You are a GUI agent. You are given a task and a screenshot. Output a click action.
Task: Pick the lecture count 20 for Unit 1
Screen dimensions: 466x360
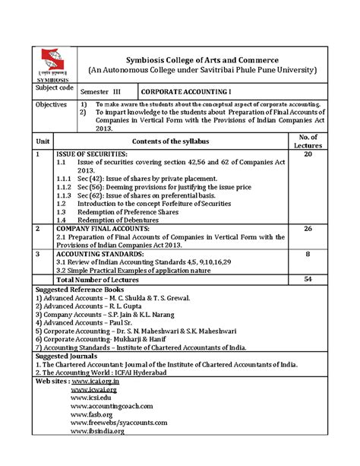click(x=308, y=154)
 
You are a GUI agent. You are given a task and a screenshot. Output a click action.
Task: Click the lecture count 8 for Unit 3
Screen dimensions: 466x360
click(x=308, y=255)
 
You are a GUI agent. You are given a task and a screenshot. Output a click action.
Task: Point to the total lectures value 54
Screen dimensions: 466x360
click(x=308, y=280)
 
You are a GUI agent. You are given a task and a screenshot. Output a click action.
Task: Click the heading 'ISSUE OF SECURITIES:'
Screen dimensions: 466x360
click(x=92, y=154)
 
